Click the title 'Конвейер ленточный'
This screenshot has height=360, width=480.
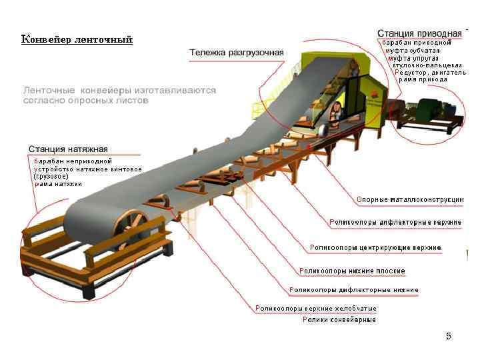click(77, 39)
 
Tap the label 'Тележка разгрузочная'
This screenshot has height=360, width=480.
click(237, 52)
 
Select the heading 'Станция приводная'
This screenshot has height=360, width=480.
click(419, 33)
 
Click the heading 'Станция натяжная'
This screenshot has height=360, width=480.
click(68, 149)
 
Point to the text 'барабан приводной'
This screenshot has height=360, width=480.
click(417, 43)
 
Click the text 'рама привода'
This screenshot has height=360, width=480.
click(424, 80)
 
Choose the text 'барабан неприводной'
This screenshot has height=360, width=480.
click(73, 161)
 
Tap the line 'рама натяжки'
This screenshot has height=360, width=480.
click(59, 184)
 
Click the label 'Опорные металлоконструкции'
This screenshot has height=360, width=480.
click(410, 199)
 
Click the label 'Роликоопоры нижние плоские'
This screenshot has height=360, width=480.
click(352, 271)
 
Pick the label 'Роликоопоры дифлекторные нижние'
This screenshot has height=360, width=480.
click(354, 290)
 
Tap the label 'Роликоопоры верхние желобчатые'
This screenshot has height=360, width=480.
click(317, 309)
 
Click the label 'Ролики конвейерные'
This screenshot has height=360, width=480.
click(339, 320)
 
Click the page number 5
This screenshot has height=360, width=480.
click(449, 337)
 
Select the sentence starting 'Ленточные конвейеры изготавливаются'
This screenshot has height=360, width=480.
click(120, 95)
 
